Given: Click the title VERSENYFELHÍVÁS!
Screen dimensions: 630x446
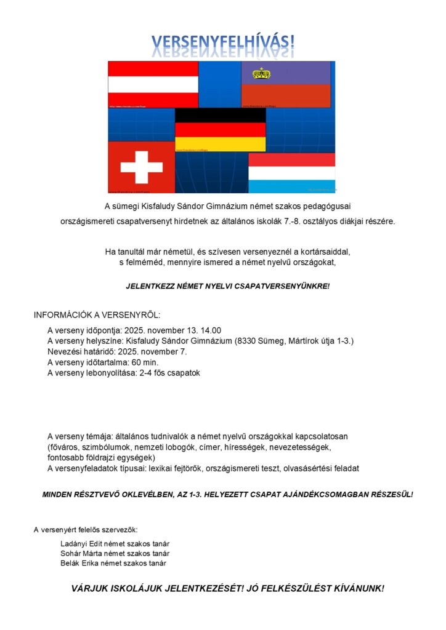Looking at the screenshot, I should (223, 42).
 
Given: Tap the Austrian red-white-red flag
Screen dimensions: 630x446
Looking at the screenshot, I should (153, 84).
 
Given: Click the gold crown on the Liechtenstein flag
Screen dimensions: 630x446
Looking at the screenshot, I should (262, 74).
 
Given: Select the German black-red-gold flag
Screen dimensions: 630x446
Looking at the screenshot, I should (221, 130).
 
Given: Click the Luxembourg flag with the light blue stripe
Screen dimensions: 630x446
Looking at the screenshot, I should (291, 173).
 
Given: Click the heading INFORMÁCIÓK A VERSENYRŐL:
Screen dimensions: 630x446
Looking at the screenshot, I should (97, 315).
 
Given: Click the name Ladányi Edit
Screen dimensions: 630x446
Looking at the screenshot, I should (81, 543).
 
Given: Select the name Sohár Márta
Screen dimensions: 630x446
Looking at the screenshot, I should (82, 553).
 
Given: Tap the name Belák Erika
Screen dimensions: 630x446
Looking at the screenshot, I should (81, 563).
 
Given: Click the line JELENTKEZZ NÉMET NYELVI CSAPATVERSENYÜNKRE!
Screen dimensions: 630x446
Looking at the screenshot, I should (228, 286).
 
